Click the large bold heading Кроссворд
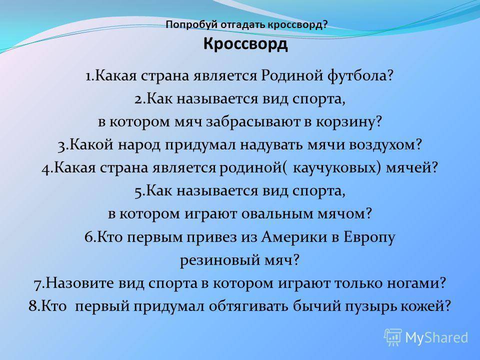click(245, 44)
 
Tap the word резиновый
click(215, 260)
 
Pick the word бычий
click(317, 306)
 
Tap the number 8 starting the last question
click(33, 306)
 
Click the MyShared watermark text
click(437, 337)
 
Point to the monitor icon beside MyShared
click(393, 337)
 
